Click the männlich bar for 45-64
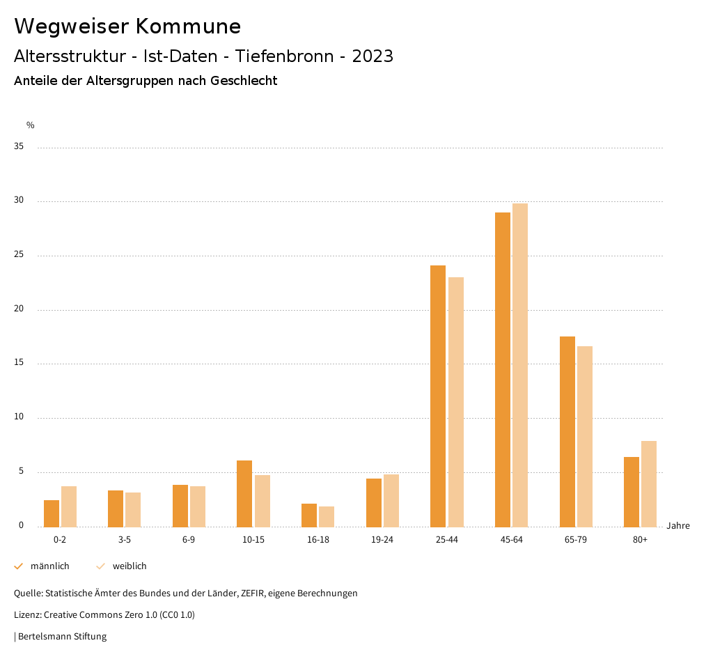pos(503,369)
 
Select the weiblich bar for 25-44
pos(456,402)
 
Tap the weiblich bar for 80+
pos(649,483)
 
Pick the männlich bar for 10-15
pos(244,493)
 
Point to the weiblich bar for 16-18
pos(327,516)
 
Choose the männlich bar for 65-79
pos(567,431)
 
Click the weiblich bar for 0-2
pos(69,506)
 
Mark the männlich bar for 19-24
pos(374,502)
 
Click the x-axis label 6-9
pos(189,540)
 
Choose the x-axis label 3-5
pos(125,540)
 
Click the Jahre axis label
pos(678,526)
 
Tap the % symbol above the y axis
pos(31,125)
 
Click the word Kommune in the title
pos(188,26)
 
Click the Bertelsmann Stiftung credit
pos(62,637)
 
